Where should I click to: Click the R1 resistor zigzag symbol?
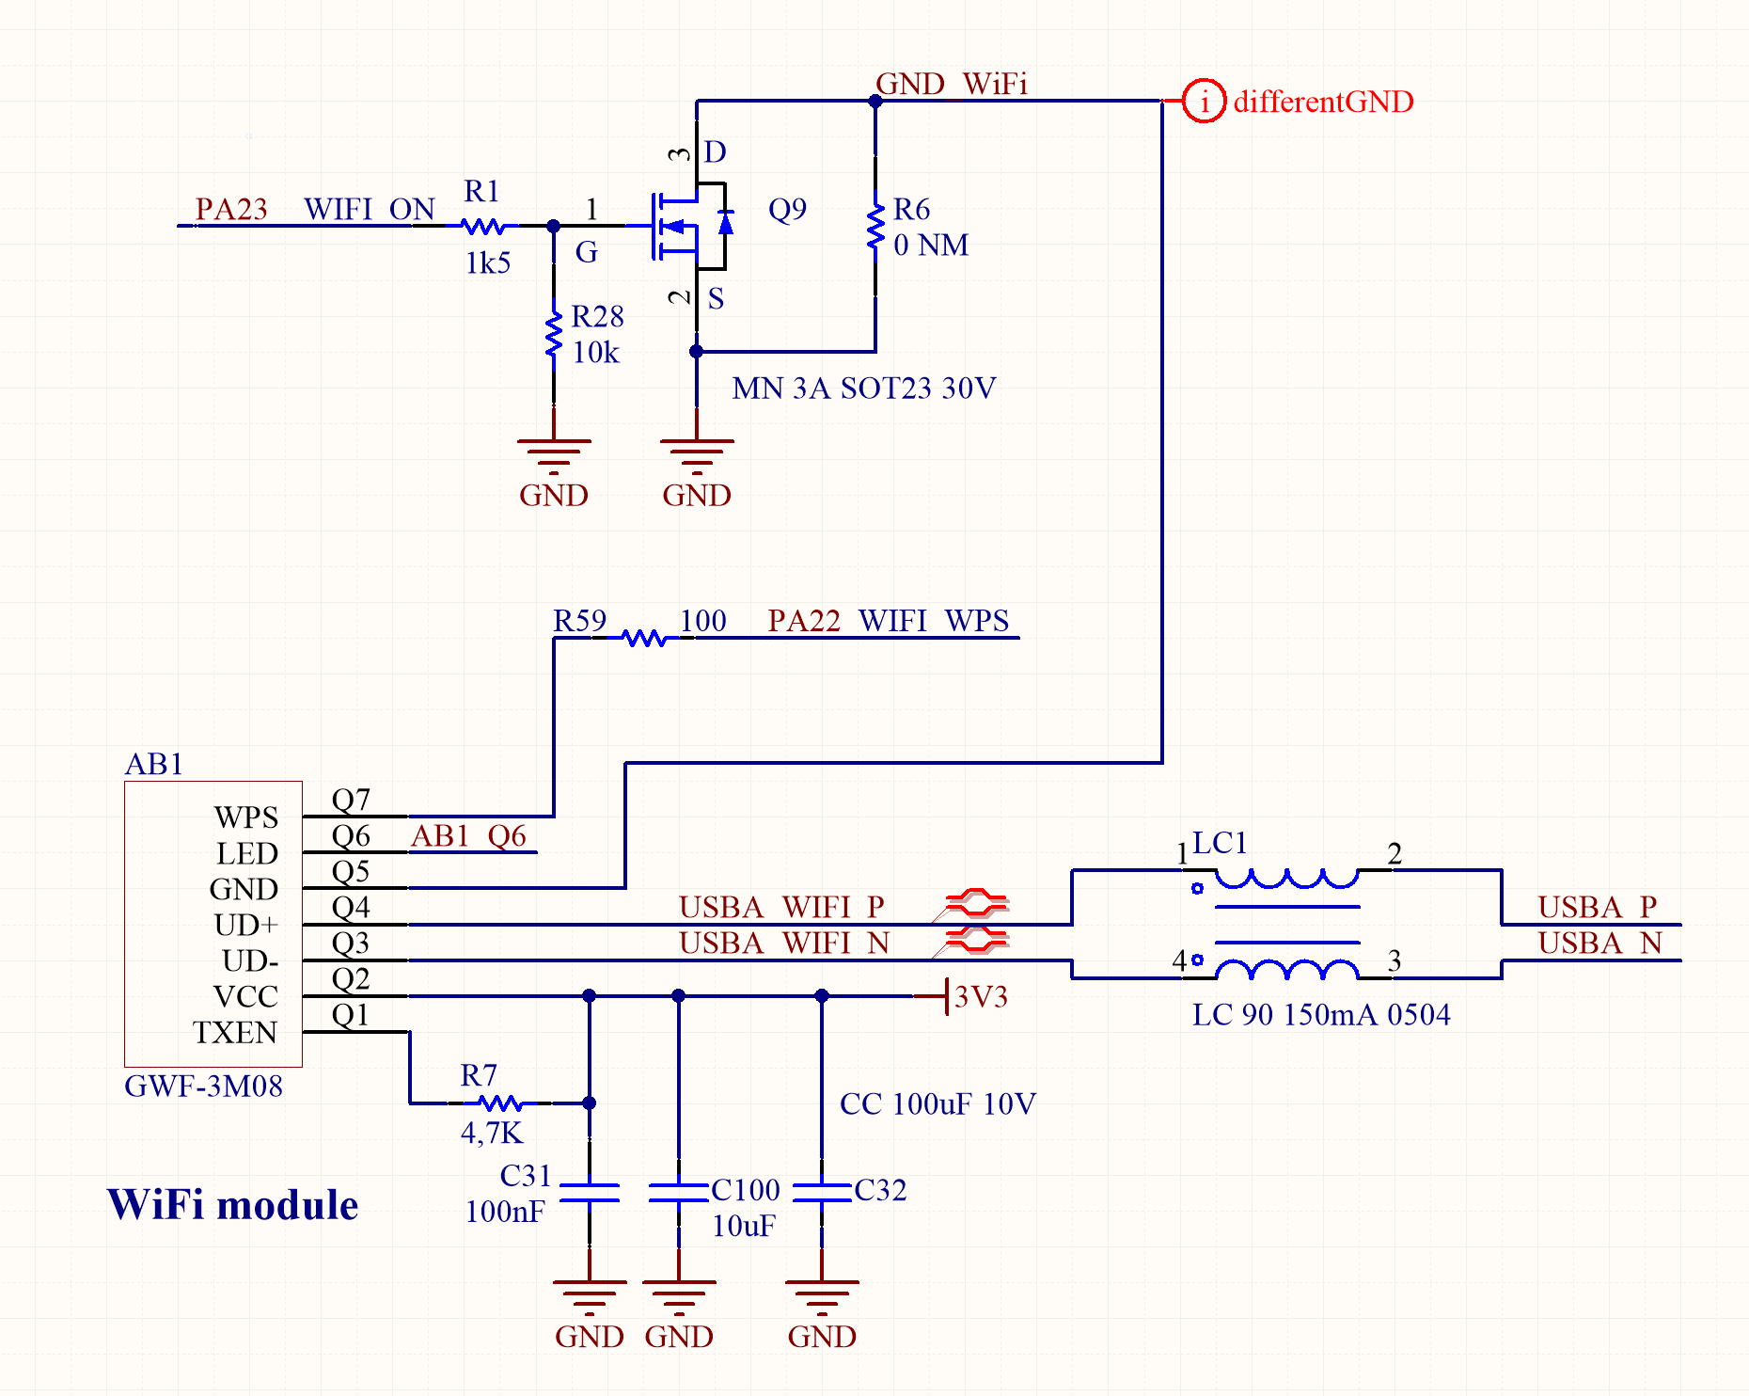point(485,226)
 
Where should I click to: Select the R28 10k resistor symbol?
point(554,333)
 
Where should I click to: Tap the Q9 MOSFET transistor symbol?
point(691,225)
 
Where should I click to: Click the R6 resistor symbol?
point(875,226)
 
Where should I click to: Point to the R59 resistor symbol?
point(645,638)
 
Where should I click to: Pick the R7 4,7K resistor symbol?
point(498,1103)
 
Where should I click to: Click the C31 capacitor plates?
point(590,1193)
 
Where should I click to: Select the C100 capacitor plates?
point(678,1193)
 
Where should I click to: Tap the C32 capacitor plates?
point(822,1193)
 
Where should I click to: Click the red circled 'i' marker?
point(1204,101)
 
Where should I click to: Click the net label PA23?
point(231,209)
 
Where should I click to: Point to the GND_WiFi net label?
point(951,84)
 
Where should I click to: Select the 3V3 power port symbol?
point(945,996)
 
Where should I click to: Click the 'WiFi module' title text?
point(232,1205)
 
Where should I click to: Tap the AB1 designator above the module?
point(154,764)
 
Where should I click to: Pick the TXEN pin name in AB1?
point(235,1033)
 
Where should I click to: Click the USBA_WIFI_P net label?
point(781,907)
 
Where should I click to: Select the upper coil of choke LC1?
point(1287,879)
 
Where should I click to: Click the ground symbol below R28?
point(554,452)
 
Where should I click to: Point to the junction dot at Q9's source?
point(697,352)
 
